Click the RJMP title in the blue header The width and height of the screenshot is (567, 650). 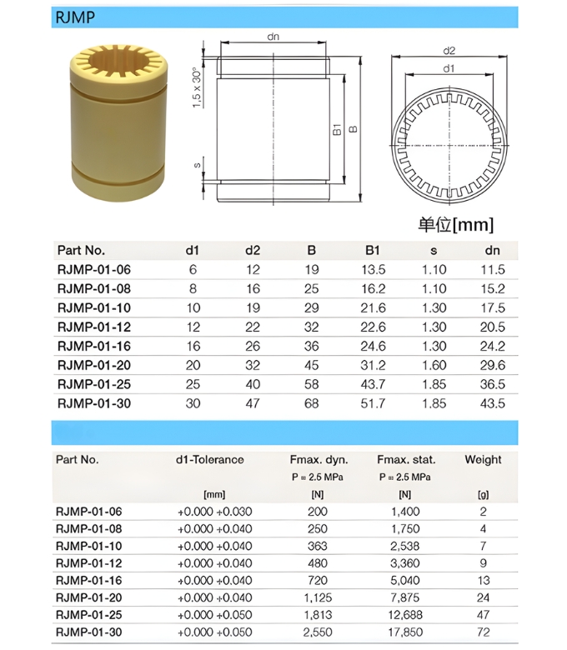75,17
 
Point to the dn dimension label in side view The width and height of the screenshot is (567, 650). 273,37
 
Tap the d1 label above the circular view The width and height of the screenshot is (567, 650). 449,68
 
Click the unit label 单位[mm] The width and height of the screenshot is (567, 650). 455,224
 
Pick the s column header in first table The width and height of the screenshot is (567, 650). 434,250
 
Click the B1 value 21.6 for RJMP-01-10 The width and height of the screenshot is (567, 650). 373,307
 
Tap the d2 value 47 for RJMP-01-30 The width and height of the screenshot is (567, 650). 253,403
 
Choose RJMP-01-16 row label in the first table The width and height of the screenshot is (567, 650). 93,346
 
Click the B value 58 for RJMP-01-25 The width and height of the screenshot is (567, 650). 311,384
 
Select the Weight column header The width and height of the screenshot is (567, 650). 483,459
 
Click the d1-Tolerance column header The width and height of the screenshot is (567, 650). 209,459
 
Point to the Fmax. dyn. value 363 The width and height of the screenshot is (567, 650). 318,546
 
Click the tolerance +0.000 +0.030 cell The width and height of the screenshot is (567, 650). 214,512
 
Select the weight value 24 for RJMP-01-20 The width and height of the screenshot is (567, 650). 483,597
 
